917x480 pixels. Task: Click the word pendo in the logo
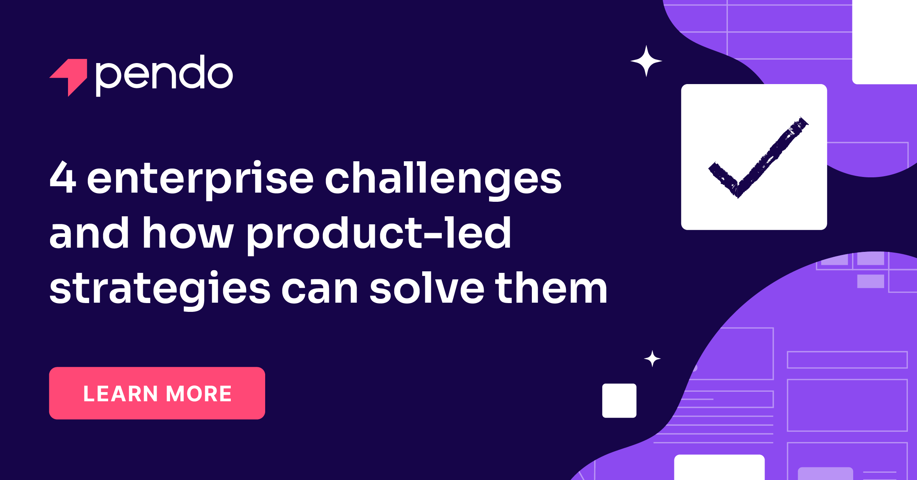tap(164, 75)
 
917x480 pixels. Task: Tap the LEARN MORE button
tap(157, 393)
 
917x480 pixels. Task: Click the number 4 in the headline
tap(63, 178)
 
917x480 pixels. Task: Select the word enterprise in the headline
tap(200, 179)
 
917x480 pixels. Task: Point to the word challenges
tap(443, 179)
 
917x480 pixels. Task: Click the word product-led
tap(379, 234)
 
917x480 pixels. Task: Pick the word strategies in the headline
tap(160, 289)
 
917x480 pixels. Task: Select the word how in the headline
tap(188, 234)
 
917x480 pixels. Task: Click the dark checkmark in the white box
tap(757, 159)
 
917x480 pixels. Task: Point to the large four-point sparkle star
tap(646, 61)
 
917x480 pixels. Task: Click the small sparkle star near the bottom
tap(652, 359)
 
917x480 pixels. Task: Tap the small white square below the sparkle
tap(619, 401)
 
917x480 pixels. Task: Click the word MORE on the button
tap(199, 394)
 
